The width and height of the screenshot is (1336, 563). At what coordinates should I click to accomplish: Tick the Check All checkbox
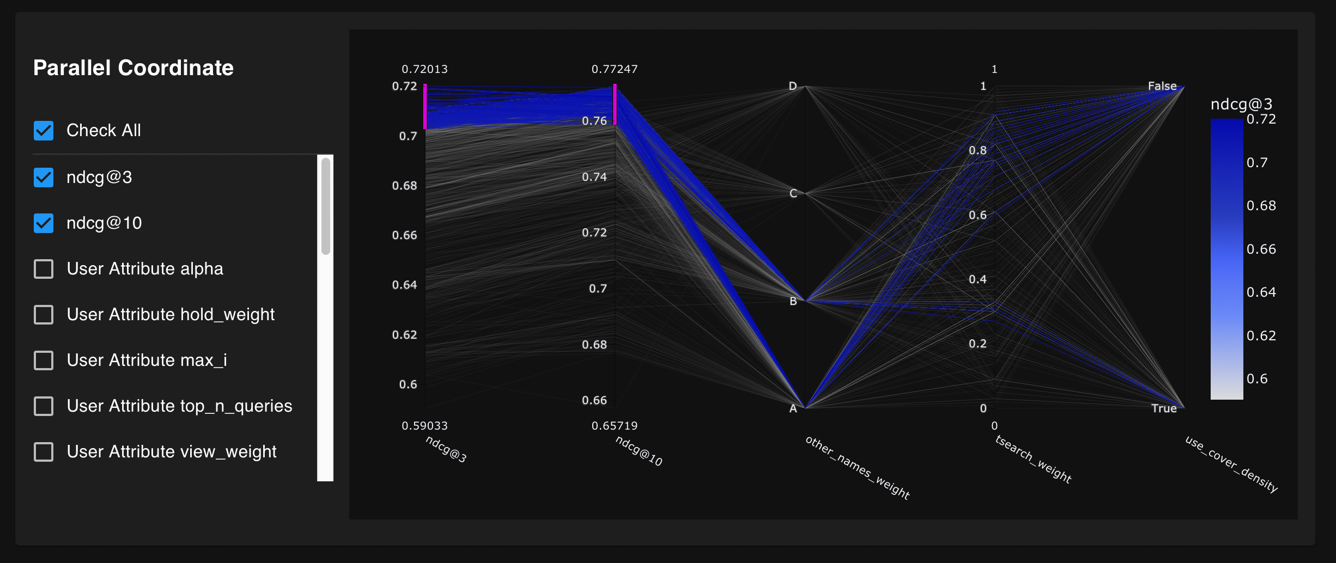44,131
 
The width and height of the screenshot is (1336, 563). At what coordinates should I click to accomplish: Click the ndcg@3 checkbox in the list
44,178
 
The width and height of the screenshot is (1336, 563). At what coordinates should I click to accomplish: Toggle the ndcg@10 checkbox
44,223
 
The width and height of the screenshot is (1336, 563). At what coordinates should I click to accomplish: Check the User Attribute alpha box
44,269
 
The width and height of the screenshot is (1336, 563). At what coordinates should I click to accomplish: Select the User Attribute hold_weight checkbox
44,315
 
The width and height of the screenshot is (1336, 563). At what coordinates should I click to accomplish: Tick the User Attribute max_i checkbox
44,360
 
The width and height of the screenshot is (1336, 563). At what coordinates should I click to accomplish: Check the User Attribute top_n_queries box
44,406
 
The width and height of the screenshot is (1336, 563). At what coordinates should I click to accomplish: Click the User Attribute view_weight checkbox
44,452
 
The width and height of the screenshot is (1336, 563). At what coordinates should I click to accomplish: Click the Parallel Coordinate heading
133,68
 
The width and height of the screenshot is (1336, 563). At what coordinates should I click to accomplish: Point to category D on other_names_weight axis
793,86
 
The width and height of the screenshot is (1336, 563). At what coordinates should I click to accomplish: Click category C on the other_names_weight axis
793,193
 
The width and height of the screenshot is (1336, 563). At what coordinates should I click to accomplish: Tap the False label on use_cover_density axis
1162,86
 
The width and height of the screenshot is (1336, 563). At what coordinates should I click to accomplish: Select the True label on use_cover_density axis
1163,408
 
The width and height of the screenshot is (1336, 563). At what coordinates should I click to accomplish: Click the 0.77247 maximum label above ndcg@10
614,69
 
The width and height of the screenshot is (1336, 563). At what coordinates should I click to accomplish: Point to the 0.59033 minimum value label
424,426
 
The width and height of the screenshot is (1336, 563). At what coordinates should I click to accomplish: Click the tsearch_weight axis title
1033,459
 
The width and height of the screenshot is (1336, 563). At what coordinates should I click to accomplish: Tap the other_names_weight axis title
857,467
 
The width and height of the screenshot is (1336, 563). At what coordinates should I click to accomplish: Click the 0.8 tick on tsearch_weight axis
977,150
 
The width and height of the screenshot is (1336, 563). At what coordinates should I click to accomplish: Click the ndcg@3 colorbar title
1241,104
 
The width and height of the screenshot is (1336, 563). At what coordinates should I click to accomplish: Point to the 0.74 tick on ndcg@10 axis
594,177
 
